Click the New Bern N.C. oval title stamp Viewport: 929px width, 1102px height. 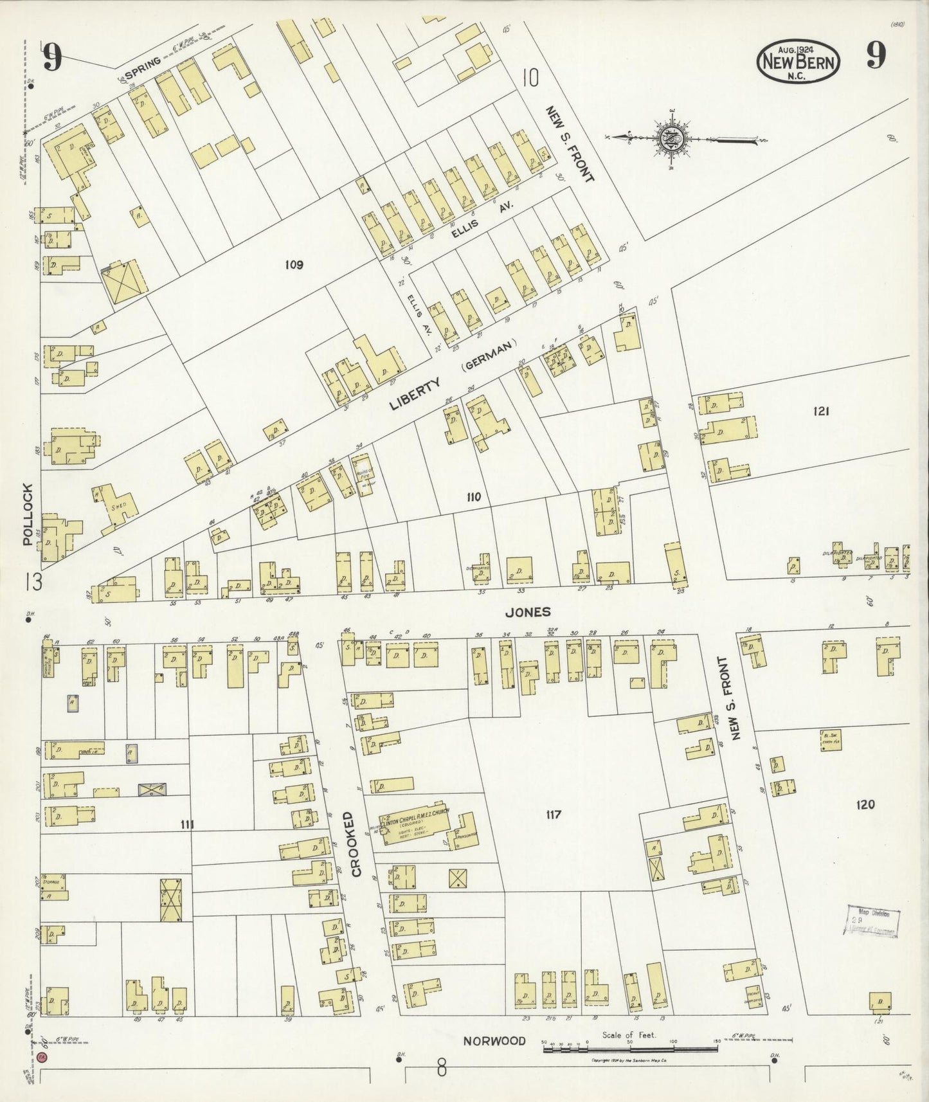(799, 62)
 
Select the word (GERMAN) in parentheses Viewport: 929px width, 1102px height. (489, 356)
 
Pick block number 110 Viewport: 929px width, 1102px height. (474, 497)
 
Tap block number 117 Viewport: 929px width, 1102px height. (553, 815)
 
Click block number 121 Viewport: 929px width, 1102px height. (821, 411)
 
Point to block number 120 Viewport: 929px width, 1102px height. (865, 804)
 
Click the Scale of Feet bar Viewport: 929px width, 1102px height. (630, 1049)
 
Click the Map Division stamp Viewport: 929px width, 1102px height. (873, 923)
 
